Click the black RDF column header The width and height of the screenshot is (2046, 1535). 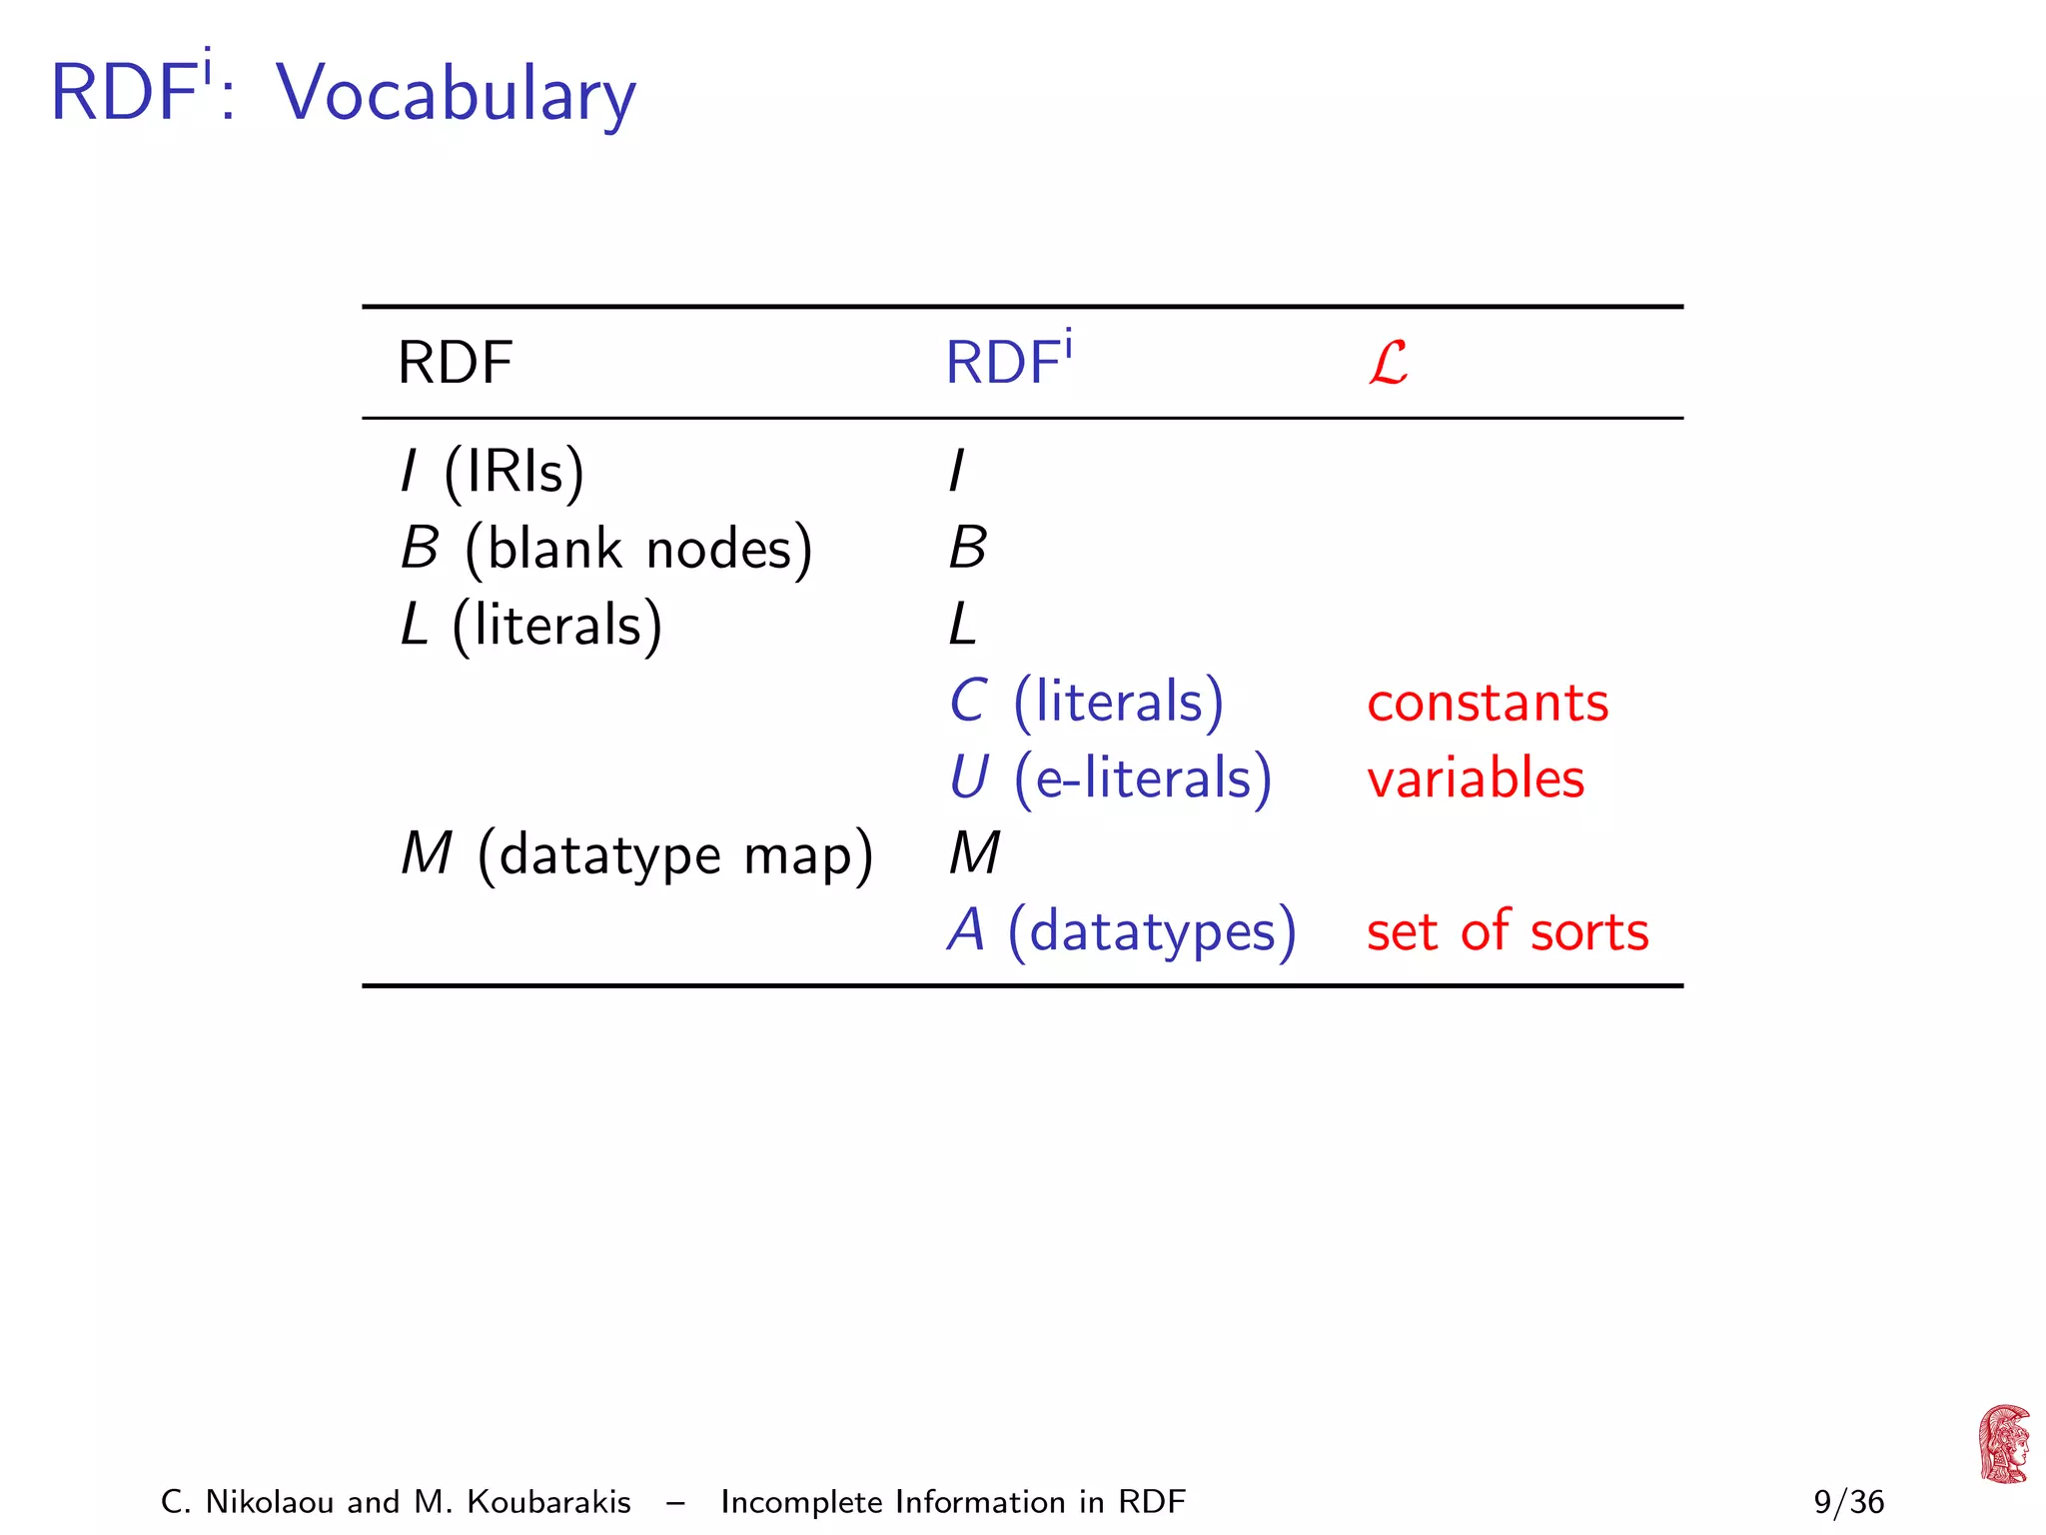(455, 363)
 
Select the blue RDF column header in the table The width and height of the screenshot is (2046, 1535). (1008, 361)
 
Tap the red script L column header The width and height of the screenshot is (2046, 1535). (1388, 363)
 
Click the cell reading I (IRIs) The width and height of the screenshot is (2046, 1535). (492, 471)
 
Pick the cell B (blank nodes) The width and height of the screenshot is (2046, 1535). (606, 549)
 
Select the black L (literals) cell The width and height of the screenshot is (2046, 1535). (530, 626)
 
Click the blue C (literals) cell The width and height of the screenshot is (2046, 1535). (1085, 702)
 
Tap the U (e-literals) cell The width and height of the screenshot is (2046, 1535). (1109, 778)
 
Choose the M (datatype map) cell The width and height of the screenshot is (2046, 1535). (636, 855)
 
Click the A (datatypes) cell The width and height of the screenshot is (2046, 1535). (1121, 931)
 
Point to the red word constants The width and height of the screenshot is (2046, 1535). (1487, 703)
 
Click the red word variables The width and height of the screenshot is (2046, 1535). (1475, 778)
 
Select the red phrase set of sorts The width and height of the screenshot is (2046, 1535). (1507, 931)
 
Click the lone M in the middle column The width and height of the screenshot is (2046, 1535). (974, 854)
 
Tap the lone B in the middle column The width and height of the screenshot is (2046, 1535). (967, 549)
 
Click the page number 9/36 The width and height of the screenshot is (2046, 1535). (1848, 1502)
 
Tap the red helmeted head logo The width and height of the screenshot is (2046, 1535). (2003, 1444)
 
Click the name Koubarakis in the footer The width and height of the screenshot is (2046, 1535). (548, 1502)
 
